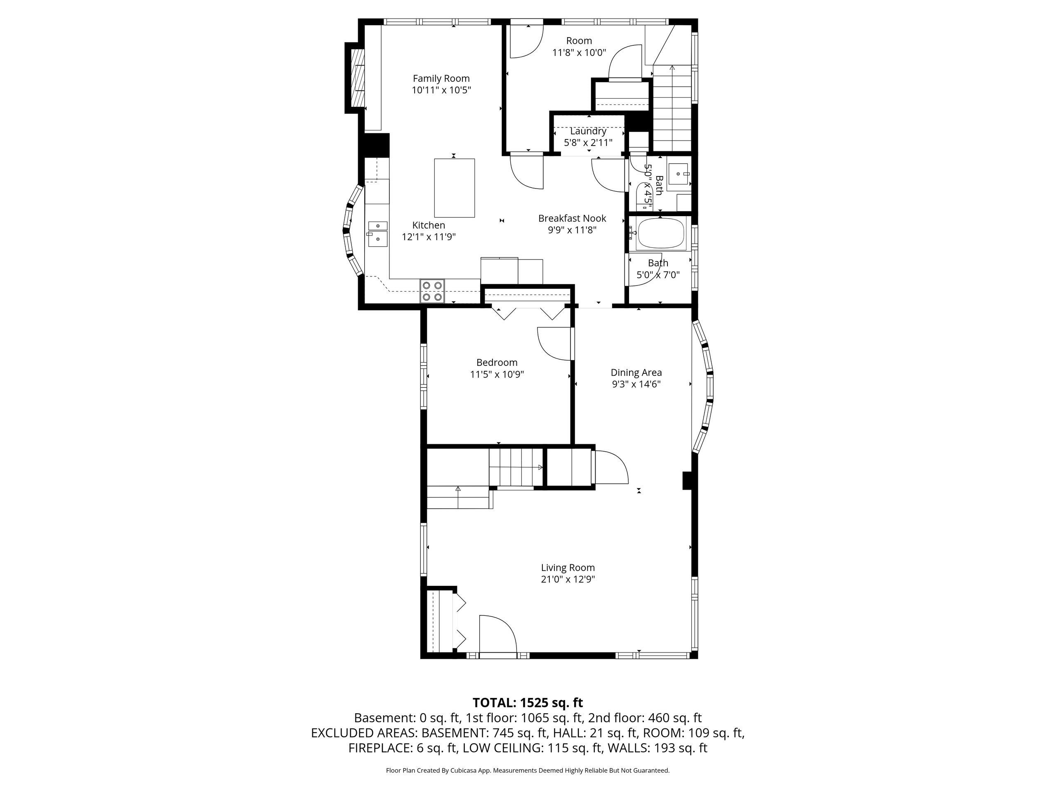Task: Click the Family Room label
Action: (441, 78)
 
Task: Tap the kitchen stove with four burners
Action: (432, 291)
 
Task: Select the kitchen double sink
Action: (377, 233)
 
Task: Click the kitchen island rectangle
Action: (455, 188)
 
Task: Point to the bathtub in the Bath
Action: (661, 233)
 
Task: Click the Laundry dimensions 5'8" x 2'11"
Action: (588, 143)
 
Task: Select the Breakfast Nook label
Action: (572, 219)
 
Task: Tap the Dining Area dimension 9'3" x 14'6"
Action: (636, 384)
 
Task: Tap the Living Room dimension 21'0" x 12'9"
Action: (568, 580)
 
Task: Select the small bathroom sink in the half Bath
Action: (679, 174)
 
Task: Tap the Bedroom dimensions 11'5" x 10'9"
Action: (497, 375)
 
